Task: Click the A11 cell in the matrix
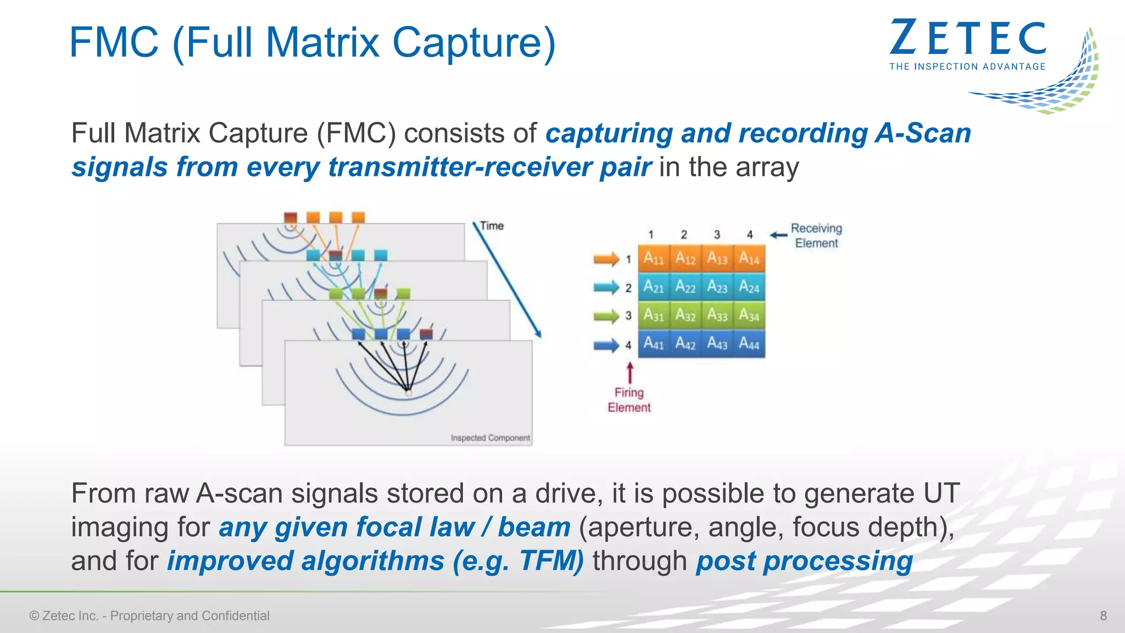pos(654,258)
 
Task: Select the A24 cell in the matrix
pos(749,287)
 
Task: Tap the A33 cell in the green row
pos(717,315)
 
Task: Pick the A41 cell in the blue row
pos(654,344)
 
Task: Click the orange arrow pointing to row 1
pos(606,259)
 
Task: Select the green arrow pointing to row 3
pos(606,316)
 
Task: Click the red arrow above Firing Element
pos(630,372)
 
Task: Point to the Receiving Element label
pos(816,236)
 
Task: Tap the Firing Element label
pos(629,400)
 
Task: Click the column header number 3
pos(717,235)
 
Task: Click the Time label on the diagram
pos(492,226)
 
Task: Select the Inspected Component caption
pos(490,438)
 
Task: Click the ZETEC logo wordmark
pos(968,38)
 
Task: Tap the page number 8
pos(1103,616)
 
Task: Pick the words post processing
pos(804,561)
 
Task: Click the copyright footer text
pos(149,616)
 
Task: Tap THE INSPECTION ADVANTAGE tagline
pos(967,66)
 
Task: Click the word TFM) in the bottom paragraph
pos(551,561)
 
